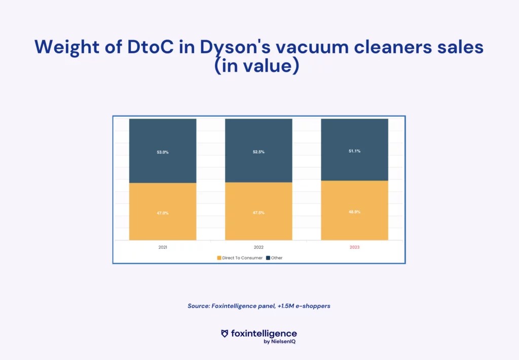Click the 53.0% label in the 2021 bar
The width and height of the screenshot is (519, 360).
163,152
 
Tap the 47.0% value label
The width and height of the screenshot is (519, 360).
163,213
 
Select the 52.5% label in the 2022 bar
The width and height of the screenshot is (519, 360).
258,152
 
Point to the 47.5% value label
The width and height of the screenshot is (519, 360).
258,212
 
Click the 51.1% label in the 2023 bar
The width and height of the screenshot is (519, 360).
354,151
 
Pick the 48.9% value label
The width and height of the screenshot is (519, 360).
354,211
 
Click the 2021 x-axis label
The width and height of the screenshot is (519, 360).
163,247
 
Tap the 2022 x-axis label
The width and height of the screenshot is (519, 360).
258,247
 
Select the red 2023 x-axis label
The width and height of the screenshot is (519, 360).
354,247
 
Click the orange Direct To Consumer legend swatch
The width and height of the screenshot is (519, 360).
219,258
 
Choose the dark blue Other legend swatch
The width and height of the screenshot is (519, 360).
268,258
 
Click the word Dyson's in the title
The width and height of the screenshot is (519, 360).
235,47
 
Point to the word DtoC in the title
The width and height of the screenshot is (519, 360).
150,47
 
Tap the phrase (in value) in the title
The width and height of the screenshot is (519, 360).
257,65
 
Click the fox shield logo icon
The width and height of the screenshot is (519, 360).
225,334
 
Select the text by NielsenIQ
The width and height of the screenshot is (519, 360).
279,341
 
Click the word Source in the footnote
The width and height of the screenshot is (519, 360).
199,306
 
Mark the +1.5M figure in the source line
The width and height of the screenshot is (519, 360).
286,306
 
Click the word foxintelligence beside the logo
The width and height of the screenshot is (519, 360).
264,334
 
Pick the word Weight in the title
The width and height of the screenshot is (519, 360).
67,47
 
